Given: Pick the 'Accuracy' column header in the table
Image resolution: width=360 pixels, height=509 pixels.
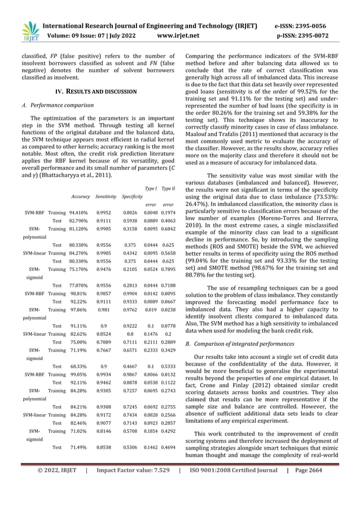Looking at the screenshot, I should point(81,196).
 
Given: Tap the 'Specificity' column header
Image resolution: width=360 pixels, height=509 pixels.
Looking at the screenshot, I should point(132,196).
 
